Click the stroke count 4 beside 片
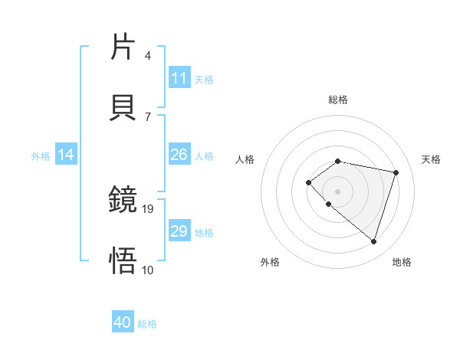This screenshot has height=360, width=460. (x=147, y=56)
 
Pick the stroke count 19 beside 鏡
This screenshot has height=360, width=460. (x=149, y=208)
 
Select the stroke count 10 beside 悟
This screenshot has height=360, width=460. (x=148, y=270)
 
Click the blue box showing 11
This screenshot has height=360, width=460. (x=179, y=78)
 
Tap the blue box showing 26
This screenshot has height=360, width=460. (x=179, y=155)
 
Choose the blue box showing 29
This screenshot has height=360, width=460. (x=179, y=231)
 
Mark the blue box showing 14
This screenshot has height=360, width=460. (x=66, y=155)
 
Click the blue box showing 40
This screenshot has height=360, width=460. (x=122, y=323)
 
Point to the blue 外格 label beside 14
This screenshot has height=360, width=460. (x=41, y=156)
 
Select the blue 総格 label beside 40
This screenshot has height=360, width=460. (x=147, y=324)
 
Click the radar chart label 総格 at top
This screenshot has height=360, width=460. (x=337, y=100)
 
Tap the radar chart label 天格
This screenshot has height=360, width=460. (x=431, y=159)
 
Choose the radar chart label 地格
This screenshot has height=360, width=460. (x=402, y=262)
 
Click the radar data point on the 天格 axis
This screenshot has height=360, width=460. (x=396, y=172)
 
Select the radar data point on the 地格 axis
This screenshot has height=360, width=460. (x=373, y=241)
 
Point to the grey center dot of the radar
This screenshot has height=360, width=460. (x=337, y=191)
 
